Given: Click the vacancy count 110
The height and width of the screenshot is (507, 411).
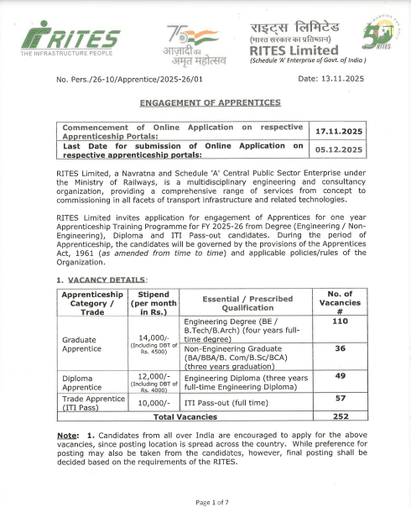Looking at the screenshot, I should coord(339,321).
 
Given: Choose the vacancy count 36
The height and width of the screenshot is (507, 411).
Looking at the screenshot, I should coord(339,348).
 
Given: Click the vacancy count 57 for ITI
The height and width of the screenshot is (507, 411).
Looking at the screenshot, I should coord(339,398).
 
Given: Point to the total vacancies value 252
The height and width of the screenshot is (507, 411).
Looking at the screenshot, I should coord(339,416).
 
